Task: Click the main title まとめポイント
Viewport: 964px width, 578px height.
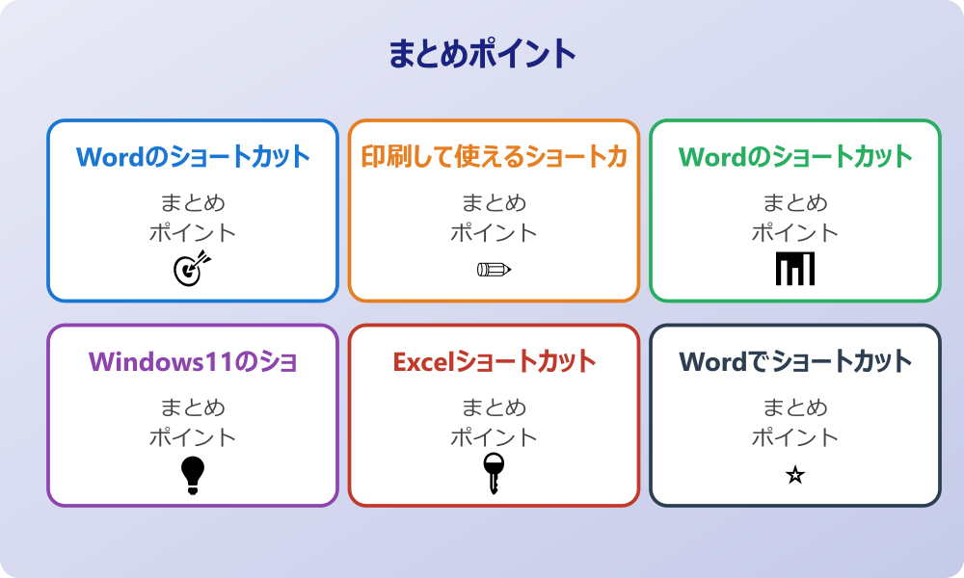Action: pyautogui.click(x=482, y=54)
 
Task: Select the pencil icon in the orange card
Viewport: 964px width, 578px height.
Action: pyautogui.click(x=494, y=269)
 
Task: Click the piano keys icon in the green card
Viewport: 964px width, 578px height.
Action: pyautogui.click(x=795, y=269)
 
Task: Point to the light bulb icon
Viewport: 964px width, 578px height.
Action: pyautogui.click(x=193, y=474)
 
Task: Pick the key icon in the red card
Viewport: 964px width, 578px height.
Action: pyautogui.click(x=494, y=473)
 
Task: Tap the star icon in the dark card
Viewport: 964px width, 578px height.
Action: pyautogui.click(x=795, y=475)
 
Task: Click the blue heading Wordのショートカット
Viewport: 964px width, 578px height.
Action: pyautogui.click(x=193, y=156)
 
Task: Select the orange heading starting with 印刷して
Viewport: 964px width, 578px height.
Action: pyautogui.click(x=494, y=156)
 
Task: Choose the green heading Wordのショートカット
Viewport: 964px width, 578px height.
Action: pyautogui.click(x=795, y=156)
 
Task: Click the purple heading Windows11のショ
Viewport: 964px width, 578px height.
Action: pyautogui.click(x=193, y=361)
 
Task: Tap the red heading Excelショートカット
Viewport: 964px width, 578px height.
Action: pyautogui.click(x=494, y=361)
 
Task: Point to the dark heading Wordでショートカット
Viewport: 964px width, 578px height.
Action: pyautogui.click(x=795, y=361)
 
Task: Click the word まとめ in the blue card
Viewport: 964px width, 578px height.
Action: pyautogui.click(x=193, y=202)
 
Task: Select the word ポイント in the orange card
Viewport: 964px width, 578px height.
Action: pyautogui.click(x=494, y=232)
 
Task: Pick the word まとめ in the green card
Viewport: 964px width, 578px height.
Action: pyautogui.click(x=795, y=202)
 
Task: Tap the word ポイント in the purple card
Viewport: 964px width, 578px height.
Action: pyautogui.click(x=193, y=437)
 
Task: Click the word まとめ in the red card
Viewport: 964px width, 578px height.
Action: pyautogui.click(x=494, y=407)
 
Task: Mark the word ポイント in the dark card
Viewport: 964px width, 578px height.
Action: pyautogui.click(x=795, y=437)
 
